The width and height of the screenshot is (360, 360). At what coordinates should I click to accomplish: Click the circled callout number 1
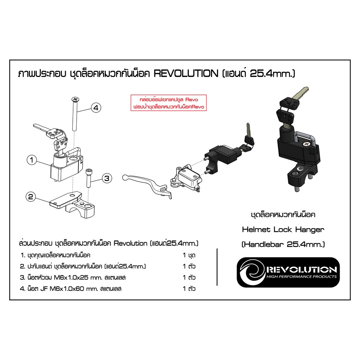pyautogui.click(x=32, y=160)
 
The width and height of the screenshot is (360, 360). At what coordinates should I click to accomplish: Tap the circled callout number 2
pyautogui.click(x=31, y=197)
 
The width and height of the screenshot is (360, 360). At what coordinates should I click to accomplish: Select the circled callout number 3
pyautogui.click(x=107, y=178)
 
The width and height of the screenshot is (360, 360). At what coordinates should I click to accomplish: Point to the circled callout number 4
pyautogui.click(x=96, y=108)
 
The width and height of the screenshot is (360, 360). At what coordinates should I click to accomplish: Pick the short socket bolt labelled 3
pyautogui.click(x=88, y=178)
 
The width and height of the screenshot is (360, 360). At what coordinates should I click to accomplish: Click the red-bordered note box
pyautogui.click(x=169, y=103)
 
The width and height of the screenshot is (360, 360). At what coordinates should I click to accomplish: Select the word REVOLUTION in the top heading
pyautogui.click(x=186, y=74)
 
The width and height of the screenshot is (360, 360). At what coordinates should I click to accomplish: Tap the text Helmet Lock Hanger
pyautogui.click(x=283, y=230)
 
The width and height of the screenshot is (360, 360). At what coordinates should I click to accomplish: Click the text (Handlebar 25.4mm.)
pyautogui.click(x=283, y=244)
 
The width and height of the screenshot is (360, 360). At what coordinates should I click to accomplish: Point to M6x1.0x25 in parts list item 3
pyautogui.click(x=71, y=278)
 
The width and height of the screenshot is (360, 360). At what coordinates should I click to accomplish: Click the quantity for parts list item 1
pyautogui.click(x=189, y=255)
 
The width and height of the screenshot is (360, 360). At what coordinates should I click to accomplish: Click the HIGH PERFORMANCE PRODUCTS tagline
pyautogui.click(x=301, y=277)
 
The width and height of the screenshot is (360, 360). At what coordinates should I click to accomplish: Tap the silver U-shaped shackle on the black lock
pyautogui.click(x=303, y=137)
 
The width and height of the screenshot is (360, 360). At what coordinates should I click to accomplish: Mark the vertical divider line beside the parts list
pyautogui.click(x=217, y=267)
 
